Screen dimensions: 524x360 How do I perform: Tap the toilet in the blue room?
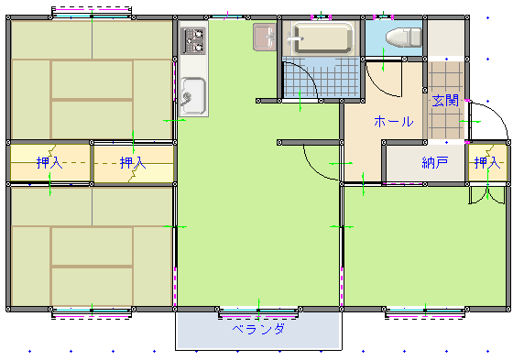[404, 38]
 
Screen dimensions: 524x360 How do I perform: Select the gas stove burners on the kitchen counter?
[193, 40]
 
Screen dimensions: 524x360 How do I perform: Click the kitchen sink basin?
[193, 96]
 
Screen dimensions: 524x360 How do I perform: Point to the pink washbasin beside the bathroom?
[265, 37]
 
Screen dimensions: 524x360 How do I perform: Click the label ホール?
[394, 121]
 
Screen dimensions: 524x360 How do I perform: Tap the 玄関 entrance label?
[445, 100]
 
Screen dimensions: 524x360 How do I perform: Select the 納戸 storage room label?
[435, 163]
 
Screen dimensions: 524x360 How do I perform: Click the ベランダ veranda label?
[259, 329]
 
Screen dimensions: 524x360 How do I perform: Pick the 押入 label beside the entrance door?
[487, 163]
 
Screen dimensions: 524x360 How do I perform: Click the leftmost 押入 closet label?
[49, 163]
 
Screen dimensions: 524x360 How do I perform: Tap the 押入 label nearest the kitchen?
[133, 163]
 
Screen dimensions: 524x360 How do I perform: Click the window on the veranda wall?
[258, 312]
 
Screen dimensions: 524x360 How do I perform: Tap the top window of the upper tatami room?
[92, 14]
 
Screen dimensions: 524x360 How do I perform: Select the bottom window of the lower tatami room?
[92, 312]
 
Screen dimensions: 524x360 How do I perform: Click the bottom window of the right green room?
[425, 312]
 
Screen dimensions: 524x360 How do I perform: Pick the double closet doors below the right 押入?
[486, 196]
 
